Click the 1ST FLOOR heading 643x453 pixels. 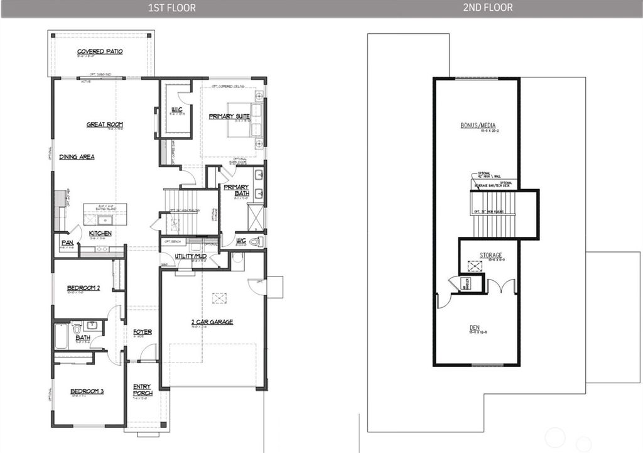pos(171,8)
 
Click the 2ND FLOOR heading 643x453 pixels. pos(487,8)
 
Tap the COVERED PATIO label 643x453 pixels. pos(100,52)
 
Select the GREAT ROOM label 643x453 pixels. pos(105,124)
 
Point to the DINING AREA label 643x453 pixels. pos(77,156)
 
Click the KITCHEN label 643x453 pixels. pos(100,233)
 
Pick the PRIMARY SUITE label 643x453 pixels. pos(229,116)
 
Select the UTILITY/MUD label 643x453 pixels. pos(191,257)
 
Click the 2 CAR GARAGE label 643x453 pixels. pos(212,322)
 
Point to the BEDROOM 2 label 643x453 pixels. pos(84,288)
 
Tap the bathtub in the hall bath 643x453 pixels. pos(61,336)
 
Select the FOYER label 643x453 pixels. pos(142,332)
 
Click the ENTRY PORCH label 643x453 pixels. pos(143,390)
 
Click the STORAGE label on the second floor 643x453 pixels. pos(491,255)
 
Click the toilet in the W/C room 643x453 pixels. pos(255,241)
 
